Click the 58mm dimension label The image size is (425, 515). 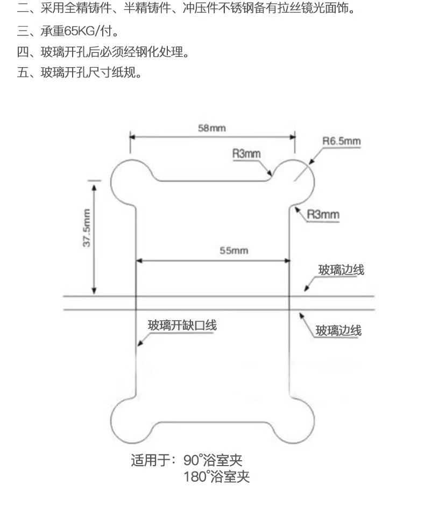click(x=211, y=128)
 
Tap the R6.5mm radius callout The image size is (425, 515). click(x=341, y=141)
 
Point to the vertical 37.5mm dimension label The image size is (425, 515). click(x=86, y=228)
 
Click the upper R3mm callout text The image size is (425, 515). click(x=246, y=154)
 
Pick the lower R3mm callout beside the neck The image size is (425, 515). click(x=323, y=215)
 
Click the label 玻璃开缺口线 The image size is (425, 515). click(x=182, y=325)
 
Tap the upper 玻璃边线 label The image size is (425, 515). click(x=341, y=270)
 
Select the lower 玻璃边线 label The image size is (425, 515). click(x=338, y=330)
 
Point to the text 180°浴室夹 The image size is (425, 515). click(x=217, y=477)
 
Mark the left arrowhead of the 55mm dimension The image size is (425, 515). click(x=138, y=261)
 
